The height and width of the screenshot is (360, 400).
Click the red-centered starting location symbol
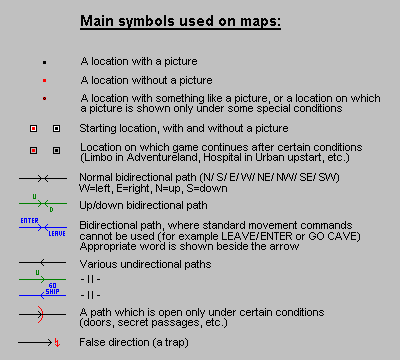(33, 128)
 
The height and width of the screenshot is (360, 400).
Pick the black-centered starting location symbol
(56, 128)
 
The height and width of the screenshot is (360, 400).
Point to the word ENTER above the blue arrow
(29, 218)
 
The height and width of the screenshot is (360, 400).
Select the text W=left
(95, 186)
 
